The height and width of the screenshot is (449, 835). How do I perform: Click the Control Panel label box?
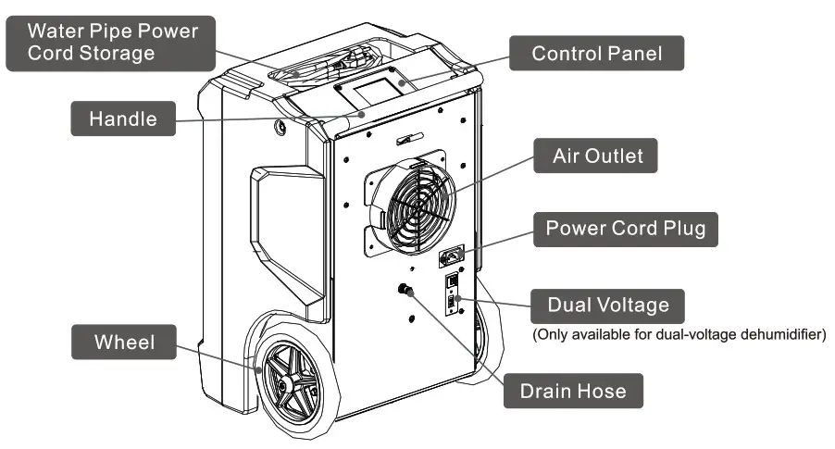point(597,54)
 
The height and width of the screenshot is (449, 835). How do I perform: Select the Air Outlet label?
point(596,156)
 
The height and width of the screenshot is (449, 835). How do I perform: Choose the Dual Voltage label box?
point(606,305)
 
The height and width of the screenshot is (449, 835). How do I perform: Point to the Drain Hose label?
point(572,392)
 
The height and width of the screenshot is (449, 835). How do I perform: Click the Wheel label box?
point(124,343)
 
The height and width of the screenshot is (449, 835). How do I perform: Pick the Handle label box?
point(122,118)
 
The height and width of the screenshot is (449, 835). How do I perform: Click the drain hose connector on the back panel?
point(404,291)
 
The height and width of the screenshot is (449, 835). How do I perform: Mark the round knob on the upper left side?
point(279,128)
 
